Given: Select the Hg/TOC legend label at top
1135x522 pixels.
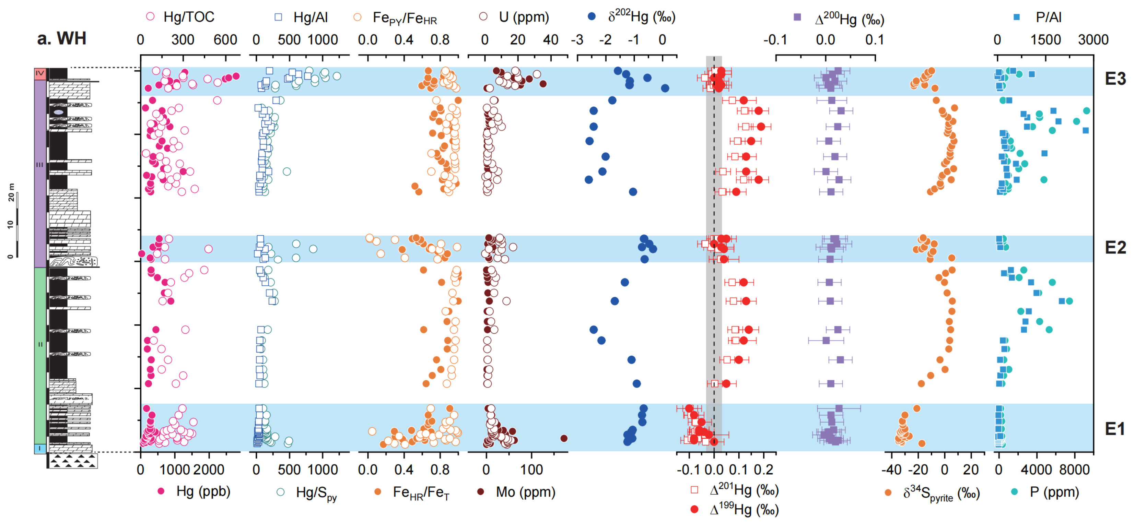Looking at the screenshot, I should point(189,17).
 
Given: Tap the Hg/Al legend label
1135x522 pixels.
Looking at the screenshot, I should point(310,17).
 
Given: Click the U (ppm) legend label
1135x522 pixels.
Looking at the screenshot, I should point(524,17).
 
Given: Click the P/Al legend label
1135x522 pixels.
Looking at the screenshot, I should point(1048,17).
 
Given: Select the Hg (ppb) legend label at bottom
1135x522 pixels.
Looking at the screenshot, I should point(203,491).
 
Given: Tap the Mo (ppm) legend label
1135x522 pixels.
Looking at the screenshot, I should point(525,491).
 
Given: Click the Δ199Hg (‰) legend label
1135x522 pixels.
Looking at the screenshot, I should point(744,510).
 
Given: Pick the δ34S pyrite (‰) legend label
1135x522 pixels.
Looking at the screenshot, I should point(941,494).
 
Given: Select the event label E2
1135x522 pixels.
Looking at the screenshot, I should point(1115,248).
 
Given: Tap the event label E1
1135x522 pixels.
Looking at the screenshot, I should point(1115,429).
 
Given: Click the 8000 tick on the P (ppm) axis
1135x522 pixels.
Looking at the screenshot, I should point(1074,470).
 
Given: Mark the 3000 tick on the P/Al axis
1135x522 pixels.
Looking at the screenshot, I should point(1093,40).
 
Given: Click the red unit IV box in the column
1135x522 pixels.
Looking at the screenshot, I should point(40,73).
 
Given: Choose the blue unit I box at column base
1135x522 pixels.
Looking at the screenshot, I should point(40,449).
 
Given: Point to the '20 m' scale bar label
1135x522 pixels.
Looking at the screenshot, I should point(11,192).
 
